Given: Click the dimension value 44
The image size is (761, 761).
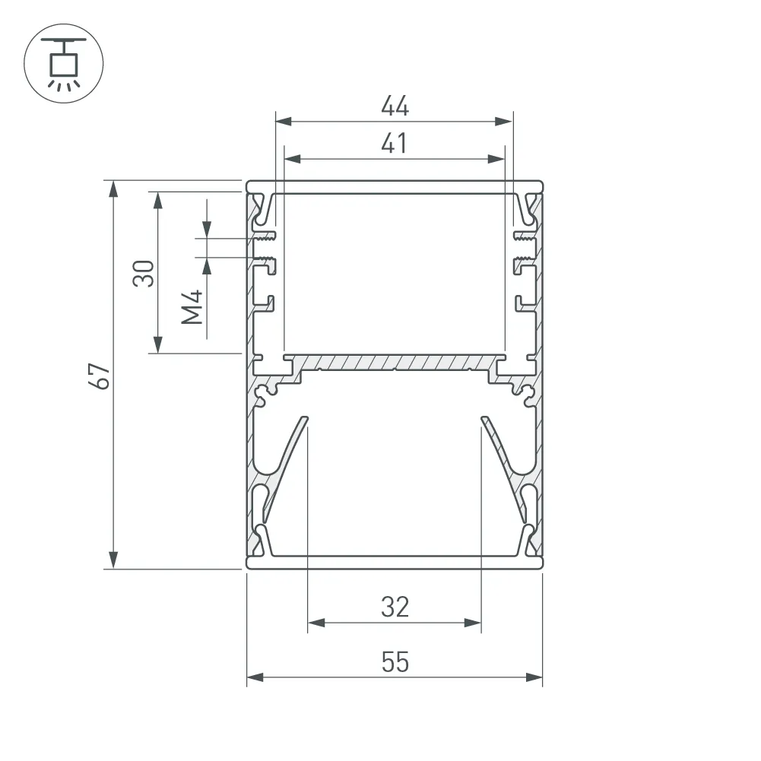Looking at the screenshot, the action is pos(395,106).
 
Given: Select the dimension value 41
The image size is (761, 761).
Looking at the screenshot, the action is pos(394,143).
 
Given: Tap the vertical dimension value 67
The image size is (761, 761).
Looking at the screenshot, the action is pos(100,376).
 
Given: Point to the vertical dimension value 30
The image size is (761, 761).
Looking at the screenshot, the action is pos(144,273).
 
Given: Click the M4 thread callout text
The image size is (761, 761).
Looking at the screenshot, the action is pos(192,306).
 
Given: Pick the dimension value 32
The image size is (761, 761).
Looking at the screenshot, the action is pos(395,607).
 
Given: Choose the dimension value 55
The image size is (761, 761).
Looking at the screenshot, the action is pos(395,662).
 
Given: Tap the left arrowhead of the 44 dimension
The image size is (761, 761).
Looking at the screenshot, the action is pos(284,122).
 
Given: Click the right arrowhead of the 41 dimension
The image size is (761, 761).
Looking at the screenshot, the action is pos(496,159).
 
